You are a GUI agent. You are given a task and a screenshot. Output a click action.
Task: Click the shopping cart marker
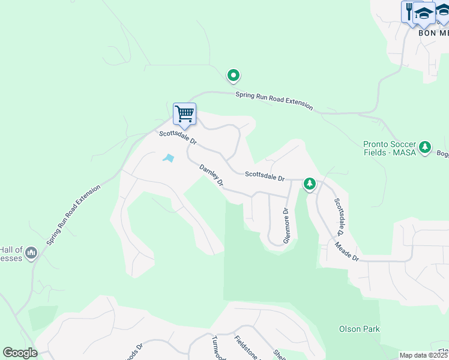[x=184, y=113]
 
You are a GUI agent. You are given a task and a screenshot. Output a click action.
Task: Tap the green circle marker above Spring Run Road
[x=234, y=76]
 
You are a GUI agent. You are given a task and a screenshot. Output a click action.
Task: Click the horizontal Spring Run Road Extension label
[x=274, y=100]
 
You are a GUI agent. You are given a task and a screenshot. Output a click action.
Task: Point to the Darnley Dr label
[x=211, y=173]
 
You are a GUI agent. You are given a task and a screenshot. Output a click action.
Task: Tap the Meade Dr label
[x=347, y=250]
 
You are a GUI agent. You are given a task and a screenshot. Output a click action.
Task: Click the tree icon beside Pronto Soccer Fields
[x=425, y=147]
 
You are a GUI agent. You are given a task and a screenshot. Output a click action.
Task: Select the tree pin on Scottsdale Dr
[x=309, y=183]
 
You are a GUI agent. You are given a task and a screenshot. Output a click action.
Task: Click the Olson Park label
[x=359, y=329]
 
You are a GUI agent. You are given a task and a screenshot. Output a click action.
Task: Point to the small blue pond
[x=168, y=158]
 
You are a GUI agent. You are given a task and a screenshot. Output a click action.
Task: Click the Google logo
[x=20, y=353]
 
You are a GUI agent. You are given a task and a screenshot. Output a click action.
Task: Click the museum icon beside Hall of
[x=31, y=254]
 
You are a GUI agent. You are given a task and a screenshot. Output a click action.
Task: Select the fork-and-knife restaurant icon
[x=409, y=11]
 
